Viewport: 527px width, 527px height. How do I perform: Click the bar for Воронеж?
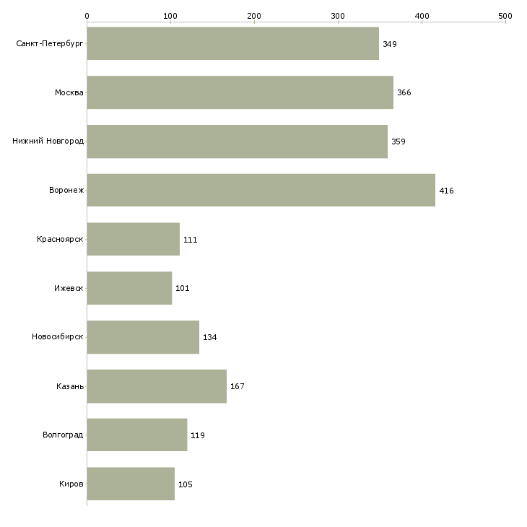click(x=261, y=190)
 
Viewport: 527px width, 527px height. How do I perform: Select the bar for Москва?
click(x=240, y=92)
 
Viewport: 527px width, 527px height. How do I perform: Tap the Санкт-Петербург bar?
click(x=232, y=43)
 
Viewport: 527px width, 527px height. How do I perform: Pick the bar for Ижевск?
click(x=129, y=288)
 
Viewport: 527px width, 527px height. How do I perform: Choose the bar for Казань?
click(x=157, y=386)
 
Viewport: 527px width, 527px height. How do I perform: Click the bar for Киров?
click(x=131, y=484)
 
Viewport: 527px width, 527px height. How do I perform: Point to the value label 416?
click(x=446, y=191)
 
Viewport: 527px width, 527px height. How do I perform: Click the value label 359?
click(x=398, y=141)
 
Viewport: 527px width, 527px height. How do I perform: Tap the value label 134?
click(x=210, y=337)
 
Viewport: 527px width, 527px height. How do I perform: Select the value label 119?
click(x=198, y=435)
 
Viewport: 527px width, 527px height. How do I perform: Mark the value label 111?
click(x=191, y=240)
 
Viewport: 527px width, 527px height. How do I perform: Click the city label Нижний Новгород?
click(x=48, y=141)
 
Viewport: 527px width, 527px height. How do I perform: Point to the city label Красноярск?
click(x=60, y=239)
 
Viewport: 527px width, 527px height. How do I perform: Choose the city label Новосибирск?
click(x=58, y=337)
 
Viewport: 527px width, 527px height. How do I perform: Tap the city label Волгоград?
click(x=63, y=435)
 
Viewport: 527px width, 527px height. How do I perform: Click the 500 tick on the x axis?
click(x=505, y=15)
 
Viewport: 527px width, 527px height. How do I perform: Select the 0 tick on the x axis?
click(x=87, y=15)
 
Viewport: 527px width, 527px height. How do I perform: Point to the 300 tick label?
click(x=338, y=15)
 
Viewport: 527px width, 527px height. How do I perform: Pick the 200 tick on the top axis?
click(x=254, y=15)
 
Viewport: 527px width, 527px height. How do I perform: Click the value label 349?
click(x=390, y=44)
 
